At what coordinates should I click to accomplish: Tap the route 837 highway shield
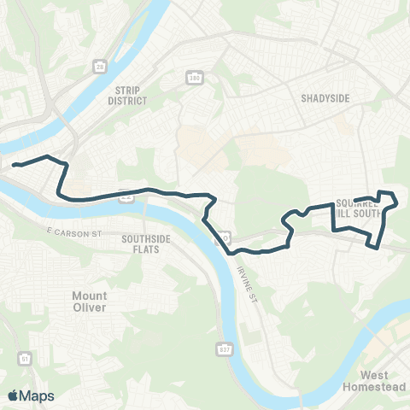pyautogui.click(x=214, y=349)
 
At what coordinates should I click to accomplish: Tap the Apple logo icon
pyautogui.click(x=13, y=395)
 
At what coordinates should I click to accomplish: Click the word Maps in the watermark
pyautogui.click(x=37, y=395)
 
